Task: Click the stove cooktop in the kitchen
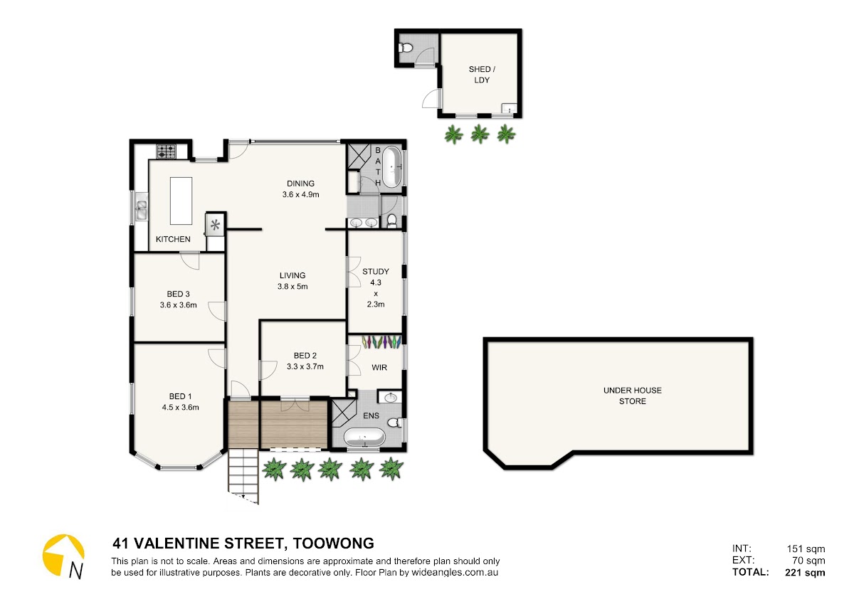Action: pos(167,151)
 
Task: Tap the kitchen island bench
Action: pos(181,201)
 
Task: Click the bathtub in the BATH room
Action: pos(391,168)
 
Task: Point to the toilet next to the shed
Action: pos(406,48)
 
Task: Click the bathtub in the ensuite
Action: pos(364,437)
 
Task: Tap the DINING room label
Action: pos(301,184)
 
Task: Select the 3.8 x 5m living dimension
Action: pos(292,286)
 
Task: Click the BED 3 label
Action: pos(178,294)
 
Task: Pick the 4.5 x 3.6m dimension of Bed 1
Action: pos(180,407)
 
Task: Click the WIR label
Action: pos(379,367)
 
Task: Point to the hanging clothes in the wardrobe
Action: pos(381,341)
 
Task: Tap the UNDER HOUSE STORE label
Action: pos(633,396)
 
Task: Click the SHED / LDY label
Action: pos(482,74)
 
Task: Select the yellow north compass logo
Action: pos(63,556)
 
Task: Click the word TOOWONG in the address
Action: pos(333,544)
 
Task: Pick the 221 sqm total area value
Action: pos(805,573)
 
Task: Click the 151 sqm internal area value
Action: pos(806,549)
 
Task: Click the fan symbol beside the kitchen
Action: pos(216,225)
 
